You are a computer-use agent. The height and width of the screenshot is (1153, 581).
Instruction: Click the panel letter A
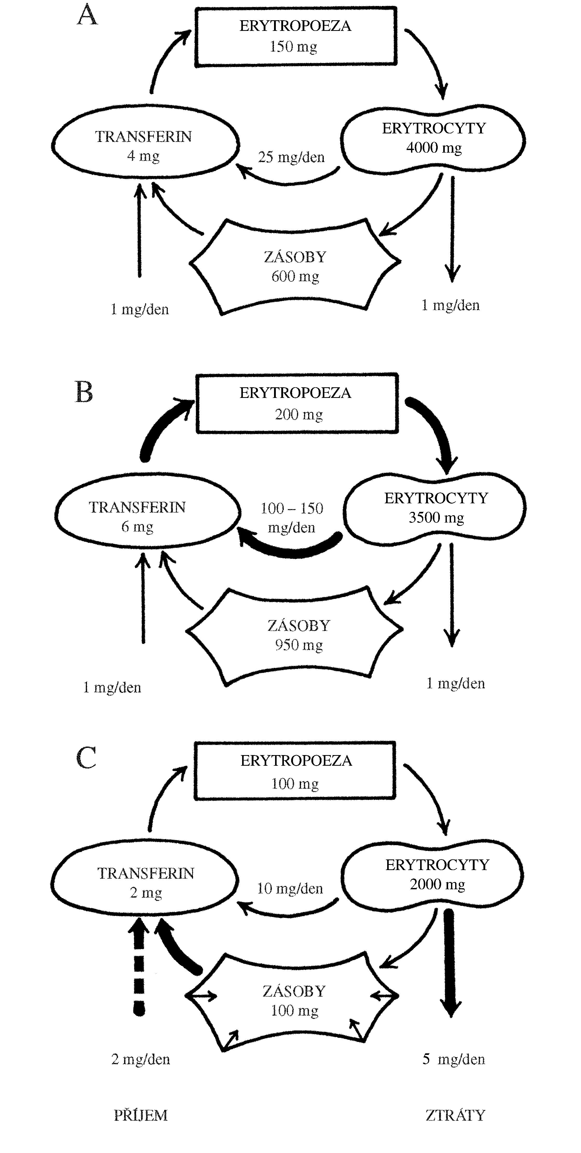(87, 16)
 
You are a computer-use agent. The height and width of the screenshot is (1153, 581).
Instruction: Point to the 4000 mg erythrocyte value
(434, 148)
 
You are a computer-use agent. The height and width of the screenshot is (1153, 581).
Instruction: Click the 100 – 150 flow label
(292, 508)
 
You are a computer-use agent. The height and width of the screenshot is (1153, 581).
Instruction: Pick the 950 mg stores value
(299, 645)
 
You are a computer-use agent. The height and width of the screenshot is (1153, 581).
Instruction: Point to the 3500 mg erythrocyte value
(436, 518)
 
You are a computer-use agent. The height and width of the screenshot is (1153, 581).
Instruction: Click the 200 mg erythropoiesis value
(299, 415)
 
